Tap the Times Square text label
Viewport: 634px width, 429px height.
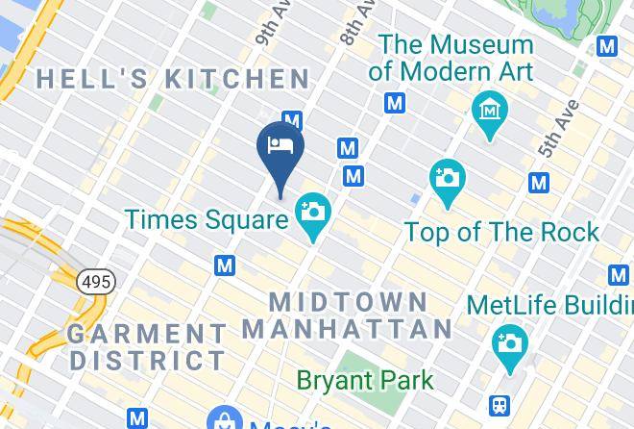coord(206,219)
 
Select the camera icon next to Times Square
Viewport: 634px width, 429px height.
coord(312,211)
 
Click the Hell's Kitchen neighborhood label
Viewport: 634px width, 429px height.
coord(174,79)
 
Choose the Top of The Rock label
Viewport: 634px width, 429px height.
coord(501,232)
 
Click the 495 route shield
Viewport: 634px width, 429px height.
coord(95,282)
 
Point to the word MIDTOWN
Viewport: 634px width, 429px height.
coord(348,301)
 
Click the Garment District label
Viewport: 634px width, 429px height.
coord(147,347)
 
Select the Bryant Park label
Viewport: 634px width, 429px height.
coord(364,380)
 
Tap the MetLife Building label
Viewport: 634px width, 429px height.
coord(549,305)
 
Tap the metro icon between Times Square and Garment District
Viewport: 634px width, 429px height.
coord(226,265)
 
